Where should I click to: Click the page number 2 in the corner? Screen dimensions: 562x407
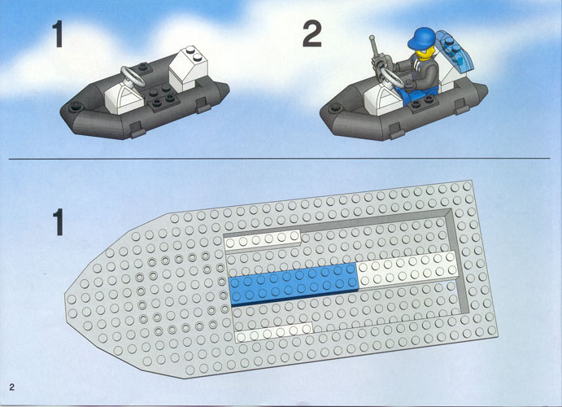pos(12,387)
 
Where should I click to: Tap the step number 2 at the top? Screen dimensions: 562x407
pos(311,34)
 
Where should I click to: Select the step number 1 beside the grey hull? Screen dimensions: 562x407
pos(58,222)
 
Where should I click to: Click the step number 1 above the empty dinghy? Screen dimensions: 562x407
pos(58,34)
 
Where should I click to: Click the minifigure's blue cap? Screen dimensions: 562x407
pos(423,38)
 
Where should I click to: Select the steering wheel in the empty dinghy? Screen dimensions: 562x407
pos(133,76)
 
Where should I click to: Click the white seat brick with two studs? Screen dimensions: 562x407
pos(187,68)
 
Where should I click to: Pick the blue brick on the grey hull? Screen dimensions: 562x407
pos(294,285)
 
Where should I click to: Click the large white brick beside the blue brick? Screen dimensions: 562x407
pos(407,269)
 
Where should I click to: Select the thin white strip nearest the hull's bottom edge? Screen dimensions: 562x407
pos(274,331)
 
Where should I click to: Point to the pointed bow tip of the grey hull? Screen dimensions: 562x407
pos(66,295)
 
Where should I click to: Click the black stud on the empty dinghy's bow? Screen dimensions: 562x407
pos(76,106)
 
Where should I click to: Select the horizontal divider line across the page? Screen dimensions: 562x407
pos(279,158)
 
